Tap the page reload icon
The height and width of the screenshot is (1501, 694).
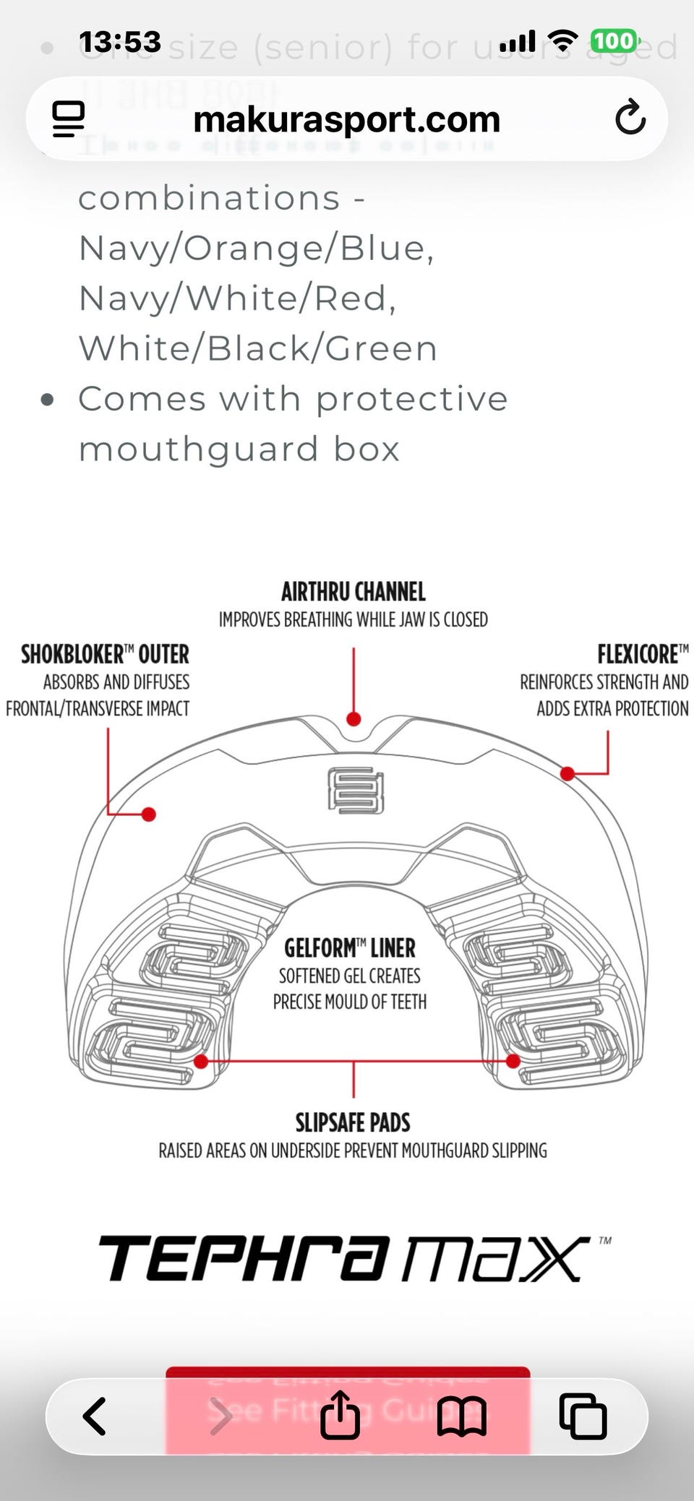point(630,118)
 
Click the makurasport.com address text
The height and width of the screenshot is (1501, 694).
point(346,119)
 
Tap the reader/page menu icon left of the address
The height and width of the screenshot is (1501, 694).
point(69,119)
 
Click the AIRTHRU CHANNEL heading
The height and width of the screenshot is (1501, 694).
point(353,593)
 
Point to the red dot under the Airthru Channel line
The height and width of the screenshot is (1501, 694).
point(354,719)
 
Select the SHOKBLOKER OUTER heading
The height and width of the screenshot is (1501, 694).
point(105,655)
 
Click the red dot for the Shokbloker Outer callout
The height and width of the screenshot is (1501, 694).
point(149,814)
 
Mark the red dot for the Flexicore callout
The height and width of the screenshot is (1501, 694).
point(567,774)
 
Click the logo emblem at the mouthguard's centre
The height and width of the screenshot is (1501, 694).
point(355,790)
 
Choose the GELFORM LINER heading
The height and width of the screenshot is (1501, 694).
point(350,948)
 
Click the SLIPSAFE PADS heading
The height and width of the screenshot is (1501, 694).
point(353,1122)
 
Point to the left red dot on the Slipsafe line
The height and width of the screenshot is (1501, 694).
point(202,1062)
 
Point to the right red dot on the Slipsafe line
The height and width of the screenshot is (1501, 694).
point(513,1062)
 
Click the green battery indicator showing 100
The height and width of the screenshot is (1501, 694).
point(615,41)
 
